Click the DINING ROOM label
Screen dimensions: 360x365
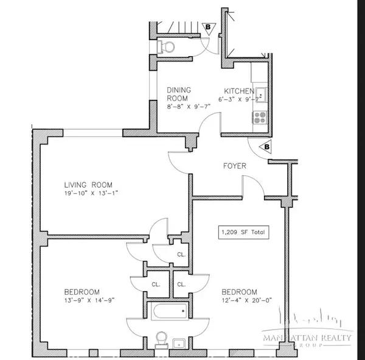point(179,94)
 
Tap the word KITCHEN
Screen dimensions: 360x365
point(235,90)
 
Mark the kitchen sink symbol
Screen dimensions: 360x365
point(261,94)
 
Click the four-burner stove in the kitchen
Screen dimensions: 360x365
point(261,117)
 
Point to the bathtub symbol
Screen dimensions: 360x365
point(168,314)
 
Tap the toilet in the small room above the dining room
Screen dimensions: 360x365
point(165,46)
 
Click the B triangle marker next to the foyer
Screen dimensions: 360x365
point(265,147)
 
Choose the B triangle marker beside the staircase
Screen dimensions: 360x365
point(207,27)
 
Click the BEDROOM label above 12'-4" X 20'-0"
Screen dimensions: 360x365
point(239,291)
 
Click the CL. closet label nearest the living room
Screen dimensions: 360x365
point(181,255)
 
